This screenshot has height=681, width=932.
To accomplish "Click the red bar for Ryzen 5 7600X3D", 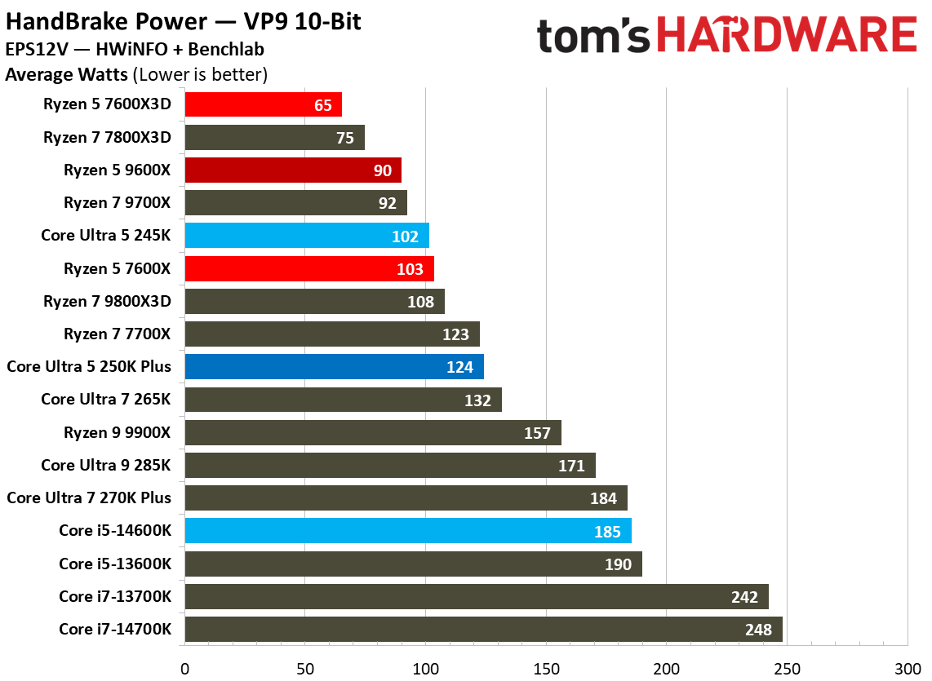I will coord(263,104).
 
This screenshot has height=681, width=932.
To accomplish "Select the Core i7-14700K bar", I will coord(483,629).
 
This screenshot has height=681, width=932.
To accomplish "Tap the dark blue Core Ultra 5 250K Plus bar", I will coord(334,367).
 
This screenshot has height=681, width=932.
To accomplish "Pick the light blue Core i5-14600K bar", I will coord(408,531).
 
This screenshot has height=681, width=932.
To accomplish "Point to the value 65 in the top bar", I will coord(323,105).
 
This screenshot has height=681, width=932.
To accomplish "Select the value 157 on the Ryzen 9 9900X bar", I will coord(537,433).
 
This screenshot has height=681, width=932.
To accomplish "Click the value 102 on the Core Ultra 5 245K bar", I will coord(405,237).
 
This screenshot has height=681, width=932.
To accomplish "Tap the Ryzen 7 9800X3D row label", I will coord(107,301).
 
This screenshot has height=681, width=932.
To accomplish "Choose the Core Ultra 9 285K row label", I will coord(106,465).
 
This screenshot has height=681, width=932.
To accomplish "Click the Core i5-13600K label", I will coord(115,564).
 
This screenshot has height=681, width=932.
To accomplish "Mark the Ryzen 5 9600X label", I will coord(118,170).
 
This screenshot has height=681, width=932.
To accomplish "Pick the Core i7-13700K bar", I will coord(477,596).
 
